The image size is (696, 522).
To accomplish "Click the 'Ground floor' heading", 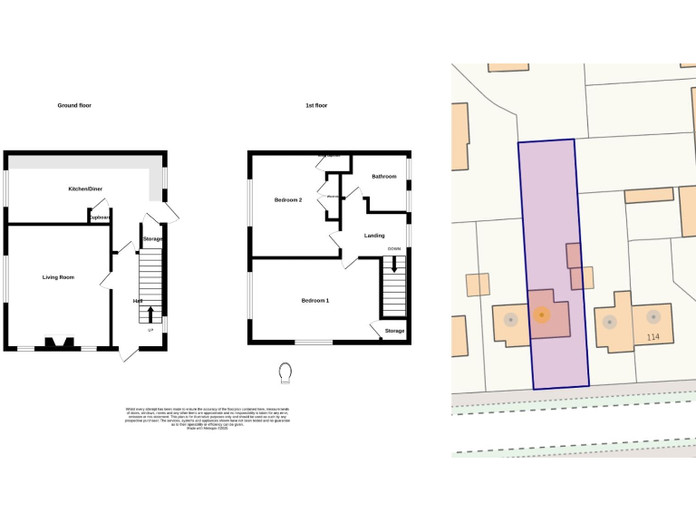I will pos(74,106).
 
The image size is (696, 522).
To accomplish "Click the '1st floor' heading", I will pos(316,106).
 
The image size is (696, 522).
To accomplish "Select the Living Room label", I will pos(58,277).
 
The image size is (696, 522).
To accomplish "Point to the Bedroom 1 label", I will pos(315,300).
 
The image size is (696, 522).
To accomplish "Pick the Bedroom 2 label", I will pos(288,199).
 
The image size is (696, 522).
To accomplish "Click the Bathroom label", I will pos(384,177).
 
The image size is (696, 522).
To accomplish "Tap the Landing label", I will pos(374,236).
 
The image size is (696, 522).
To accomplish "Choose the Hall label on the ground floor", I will pos(138,301).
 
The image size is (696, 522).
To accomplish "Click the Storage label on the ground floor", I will pos(152,239).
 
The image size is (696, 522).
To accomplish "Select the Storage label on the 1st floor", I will pos(394,332).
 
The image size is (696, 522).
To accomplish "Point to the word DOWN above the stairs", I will pos(393,248).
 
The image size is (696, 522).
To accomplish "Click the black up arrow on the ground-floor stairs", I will pos(150,314).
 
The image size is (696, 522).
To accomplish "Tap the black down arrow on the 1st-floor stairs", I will pos(393,267).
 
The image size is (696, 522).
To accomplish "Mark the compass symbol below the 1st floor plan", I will pos(286,372).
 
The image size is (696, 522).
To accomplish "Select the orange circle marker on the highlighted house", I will pos(541,315).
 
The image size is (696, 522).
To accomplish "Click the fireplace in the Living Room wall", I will pos(62,343).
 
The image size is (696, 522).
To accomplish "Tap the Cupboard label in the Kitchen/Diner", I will pos(99,218).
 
